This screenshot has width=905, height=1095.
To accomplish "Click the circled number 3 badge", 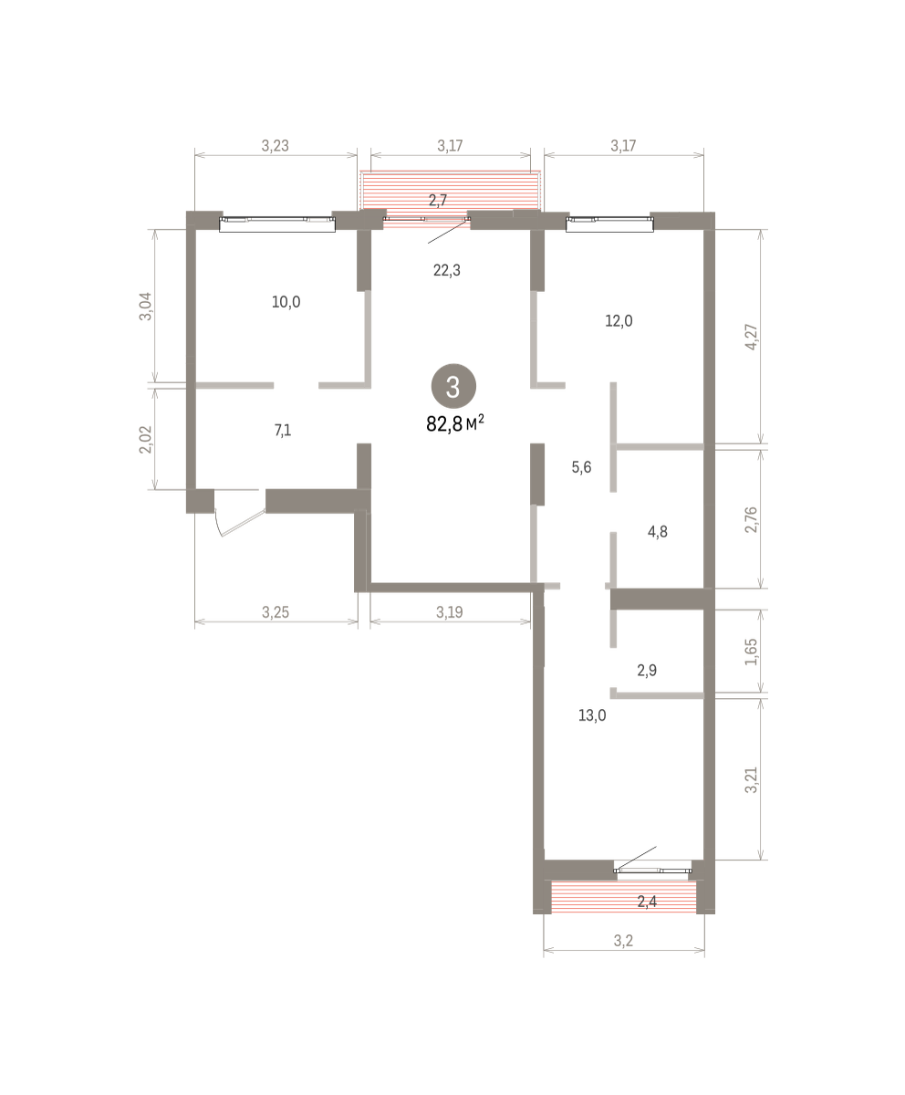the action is pos(453,387).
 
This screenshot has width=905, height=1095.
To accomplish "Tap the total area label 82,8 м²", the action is pos(455,423).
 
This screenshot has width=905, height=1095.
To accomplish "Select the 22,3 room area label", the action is pos(447,270).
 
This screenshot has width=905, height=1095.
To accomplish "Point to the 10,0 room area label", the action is pos(286,302).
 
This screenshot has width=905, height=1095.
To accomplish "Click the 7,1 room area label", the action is pos(283,431).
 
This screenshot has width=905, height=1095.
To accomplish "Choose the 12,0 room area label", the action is pos(619,321).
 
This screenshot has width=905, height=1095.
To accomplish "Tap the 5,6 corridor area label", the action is pos(581,467).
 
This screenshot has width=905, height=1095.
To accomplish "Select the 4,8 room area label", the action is pos(658,532).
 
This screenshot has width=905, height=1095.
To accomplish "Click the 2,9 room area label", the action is pos(647,670).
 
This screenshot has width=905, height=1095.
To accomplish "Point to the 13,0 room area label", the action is pos(592,715).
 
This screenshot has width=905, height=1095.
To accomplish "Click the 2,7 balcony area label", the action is pos(438,201).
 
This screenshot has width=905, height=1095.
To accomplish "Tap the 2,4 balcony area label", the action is pos(647,902).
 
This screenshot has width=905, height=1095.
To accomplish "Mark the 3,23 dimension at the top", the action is pos(276,146).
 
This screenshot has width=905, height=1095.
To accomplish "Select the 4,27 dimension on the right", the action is pos(752,338).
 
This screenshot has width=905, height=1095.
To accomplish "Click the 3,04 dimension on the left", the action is pos(145,307).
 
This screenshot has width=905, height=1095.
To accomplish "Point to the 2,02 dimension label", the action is pos(145,440).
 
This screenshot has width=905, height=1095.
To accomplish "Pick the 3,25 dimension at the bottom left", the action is pos(276,612).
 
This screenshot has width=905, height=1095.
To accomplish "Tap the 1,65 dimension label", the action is pos(752,652).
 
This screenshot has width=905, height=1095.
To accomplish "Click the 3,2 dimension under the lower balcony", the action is pos(623,941).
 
